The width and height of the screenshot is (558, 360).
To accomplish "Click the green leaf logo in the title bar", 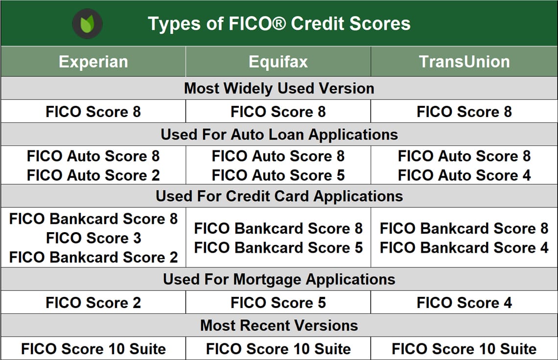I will pyautogui.click(x=87, y=24).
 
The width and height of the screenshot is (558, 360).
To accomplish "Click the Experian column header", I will pyautogui.click(x=93, y=62).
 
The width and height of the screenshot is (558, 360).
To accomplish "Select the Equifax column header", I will pyautogui.click(x=278, y=62).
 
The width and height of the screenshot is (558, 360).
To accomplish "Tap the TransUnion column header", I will pyautogui.click(x=464, y=62).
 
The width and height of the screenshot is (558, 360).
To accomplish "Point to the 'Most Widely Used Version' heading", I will pyautogui.click(x=279, y=88).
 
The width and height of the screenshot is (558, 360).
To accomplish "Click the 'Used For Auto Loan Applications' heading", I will pyautogui.click(x=279, y=134).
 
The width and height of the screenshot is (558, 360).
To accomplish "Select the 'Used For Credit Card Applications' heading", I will pyautogui.click(x=279, y=196).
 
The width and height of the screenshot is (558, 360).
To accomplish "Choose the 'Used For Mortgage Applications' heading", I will pyautogui.click(x=279, y=279).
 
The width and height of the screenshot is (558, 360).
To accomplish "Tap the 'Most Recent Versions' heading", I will pyautogui.click(x=279, y=325).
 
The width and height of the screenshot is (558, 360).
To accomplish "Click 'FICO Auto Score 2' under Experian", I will pyautogui.click(x=93, y=175).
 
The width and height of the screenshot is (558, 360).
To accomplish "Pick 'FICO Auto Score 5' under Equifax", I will pyautogui.click(x=278, y=175).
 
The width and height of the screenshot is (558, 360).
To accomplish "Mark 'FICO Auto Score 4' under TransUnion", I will pyautogui.click(x=464, y=175).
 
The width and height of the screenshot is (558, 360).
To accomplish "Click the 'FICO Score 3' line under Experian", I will pyautogui.click(x=93, y=238).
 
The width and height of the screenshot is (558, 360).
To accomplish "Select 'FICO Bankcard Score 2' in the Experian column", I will pyautogui.click(x=93, y=257).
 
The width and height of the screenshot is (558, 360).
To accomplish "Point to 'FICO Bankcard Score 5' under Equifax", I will pyautogui.click(x=278, y=248).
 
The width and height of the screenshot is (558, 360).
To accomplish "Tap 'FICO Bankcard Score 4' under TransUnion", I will pyautogui.click(x=464, y=248).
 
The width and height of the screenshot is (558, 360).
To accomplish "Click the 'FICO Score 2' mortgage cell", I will pyautogui.click(x=93, y=303).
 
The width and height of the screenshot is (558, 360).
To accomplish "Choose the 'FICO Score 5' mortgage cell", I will pyautogui.click(x=278, y=303).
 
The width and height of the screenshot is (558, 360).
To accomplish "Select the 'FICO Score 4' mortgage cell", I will pyautogui.click(x=464, y=303).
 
